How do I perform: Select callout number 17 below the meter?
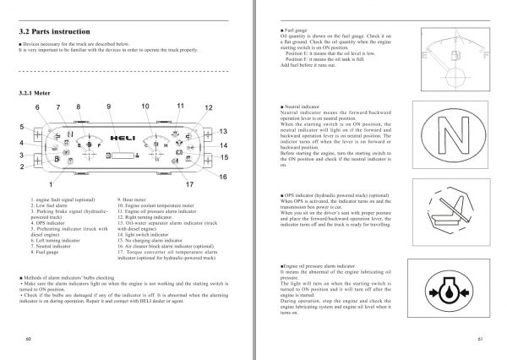[x=189, y=183]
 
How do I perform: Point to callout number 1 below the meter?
[x=52, y=183]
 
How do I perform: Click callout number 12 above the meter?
[x=209, y=108]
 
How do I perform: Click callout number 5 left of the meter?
[x=22, y=127]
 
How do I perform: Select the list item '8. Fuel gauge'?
[x=43, y=252]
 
